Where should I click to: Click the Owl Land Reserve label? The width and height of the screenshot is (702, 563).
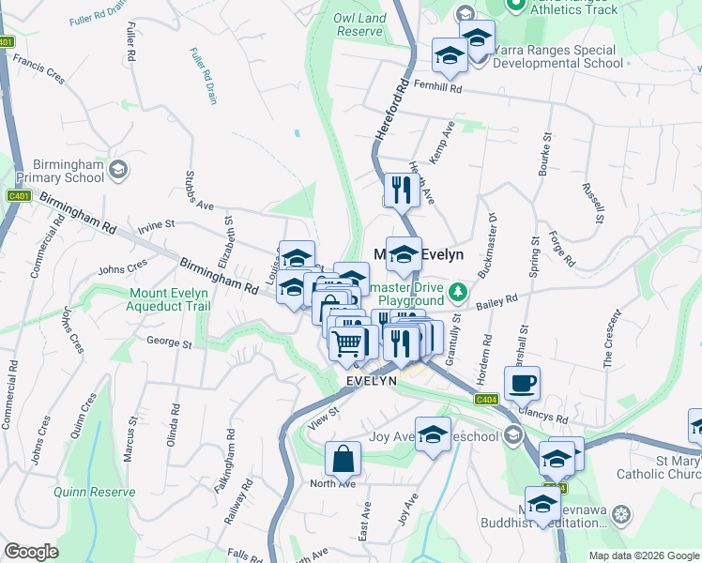coord(359,23)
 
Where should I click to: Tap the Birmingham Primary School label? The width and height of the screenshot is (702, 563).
coord(57,170)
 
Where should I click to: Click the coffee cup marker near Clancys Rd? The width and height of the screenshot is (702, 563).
coord(522,382)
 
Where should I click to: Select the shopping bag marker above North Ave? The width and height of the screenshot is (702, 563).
coord(343,459)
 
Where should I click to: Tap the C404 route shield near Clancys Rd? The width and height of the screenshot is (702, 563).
coord(486,399)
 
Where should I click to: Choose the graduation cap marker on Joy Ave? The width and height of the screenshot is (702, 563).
coord(433,434)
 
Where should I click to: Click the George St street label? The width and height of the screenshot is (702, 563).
coord(169,343)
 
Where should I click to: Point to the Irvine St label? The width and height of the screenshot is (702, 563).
coord(157,224)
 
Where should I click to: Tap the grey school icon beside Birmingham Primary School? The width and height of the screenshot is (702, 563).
coord(119,170)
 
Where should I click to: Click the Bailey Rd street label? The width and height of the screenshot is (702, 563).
coord(497,301)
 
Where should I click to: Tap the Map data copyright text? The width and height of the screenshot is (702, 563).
coord(644,555)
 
